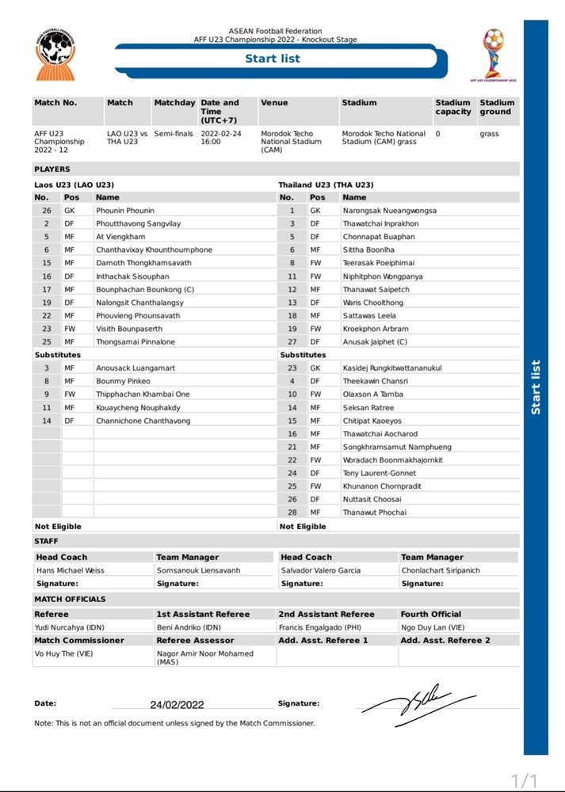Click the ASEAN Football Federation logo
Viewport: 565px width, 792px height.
pyautogui.click(x=56, y=54)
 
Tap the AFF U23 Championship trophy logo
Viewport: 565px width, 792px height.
pyautogui.click(x=494, y=54)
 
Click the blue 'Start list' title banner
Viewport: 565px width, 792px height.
pyautogui.click(x=273, y=59)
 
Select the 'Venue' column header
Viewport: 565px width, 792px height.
pyautogui.click(x=275, y=103)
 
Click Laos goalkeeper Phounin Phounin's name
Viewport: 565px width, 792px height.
pyautogui.click(x=125, y=211)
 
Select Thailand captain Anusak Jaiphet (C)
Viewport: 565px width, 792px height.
pyautogui.click(x=380, y=342)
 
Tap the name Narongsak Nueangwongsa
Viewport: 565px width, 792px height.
pyautogui.click(x=389, y=211)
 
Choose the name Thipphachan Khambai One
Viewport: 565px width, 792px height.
pyautogui.click(x=143, y=394)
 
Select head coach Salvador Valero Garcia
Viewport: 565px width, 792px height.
pyautogui.click(x=320, y=570)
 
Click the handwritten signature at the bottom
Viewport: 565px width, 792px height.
pyautogui.click(x=418, y=702)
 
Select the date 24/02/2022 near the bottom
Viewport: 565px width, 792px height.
pyautogui.click(x=177, y=705)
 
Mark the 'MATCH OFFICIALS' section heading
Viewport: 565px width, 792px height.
pyautogui.click(x=70, y=600)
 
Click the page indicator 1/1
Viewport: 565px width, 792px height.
pyautogui.click(x=525, y=780)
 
